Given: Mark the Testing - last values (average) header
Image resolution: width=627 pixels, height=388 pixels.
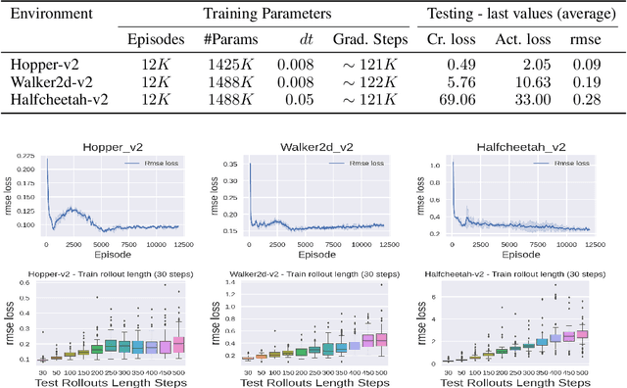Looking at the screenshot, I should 517,15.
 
